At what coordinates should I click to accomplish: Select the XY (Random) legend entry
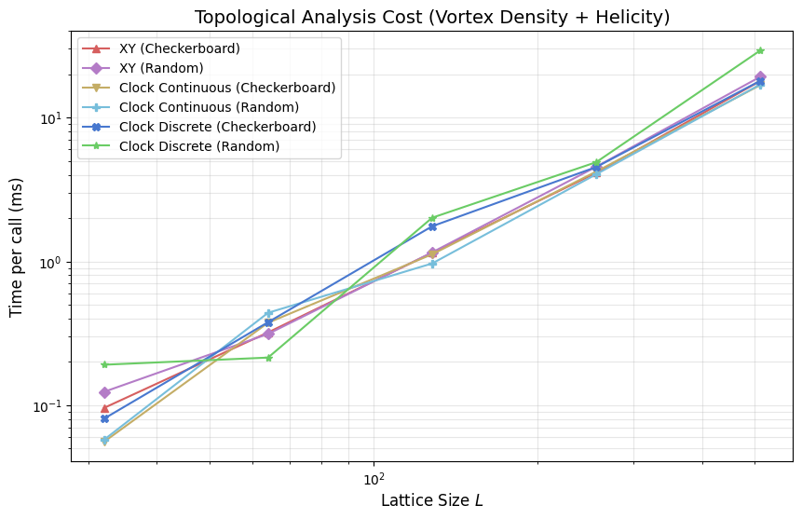pos(161,68)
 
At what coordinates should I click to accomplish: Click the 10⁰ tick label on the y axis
pos(50,263)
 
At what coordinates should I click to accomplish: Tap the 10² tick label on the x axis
pos(374,480)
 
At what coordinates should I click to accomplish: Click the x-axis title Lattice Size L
pos(431,500)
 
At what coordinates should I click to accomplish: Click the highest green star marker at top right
pos(760,50)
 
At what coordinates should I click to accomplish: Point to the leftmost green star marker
pos(104,364)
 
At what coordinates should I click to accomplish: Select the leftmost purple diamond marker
pos(104,392)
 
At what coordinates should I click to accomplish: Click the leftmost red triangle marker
pos(104,408)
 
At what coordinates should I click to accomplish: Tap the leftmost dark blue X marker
pos(104,418)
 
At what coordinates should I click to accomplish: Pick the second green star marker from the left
pos(268,358)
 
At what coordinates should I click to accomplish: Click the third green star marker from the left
pos(432,218)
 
